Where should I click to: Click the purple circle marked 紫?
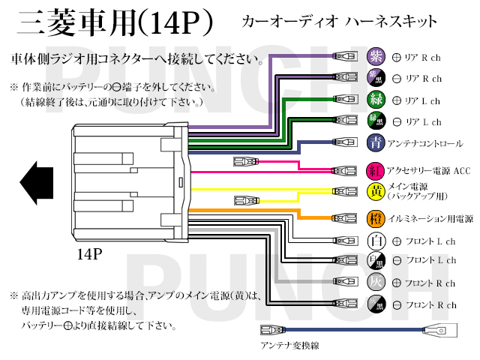point(375,56)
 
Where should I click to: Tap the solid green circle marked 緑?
point(375,99)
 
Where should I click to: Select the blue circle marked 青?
point(375,142)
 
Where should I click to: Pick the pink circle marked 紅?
point(375,170)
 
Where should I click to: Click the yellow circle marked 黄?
point(375,191)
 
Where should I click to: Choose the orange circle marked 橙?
point(375,218)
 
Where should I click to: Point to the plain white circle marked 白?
point(375,241)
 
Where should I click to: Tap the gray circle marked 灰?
point(375,283)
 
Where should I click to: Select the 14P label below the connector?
point(89,254)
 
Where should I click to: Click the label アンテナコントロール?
point(425,142)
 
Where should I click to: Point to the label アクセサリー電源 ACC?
point(429,170)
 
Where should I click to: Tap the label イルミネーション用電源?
point(430,219)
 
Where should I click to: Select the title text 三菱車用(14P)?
point(112,22)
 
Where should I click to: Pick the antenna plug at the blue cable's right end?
point(436,330)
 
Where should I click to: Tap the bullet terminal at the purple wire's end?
point(346,56)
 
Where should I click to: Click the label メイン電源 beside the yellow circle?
point(408,187)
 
